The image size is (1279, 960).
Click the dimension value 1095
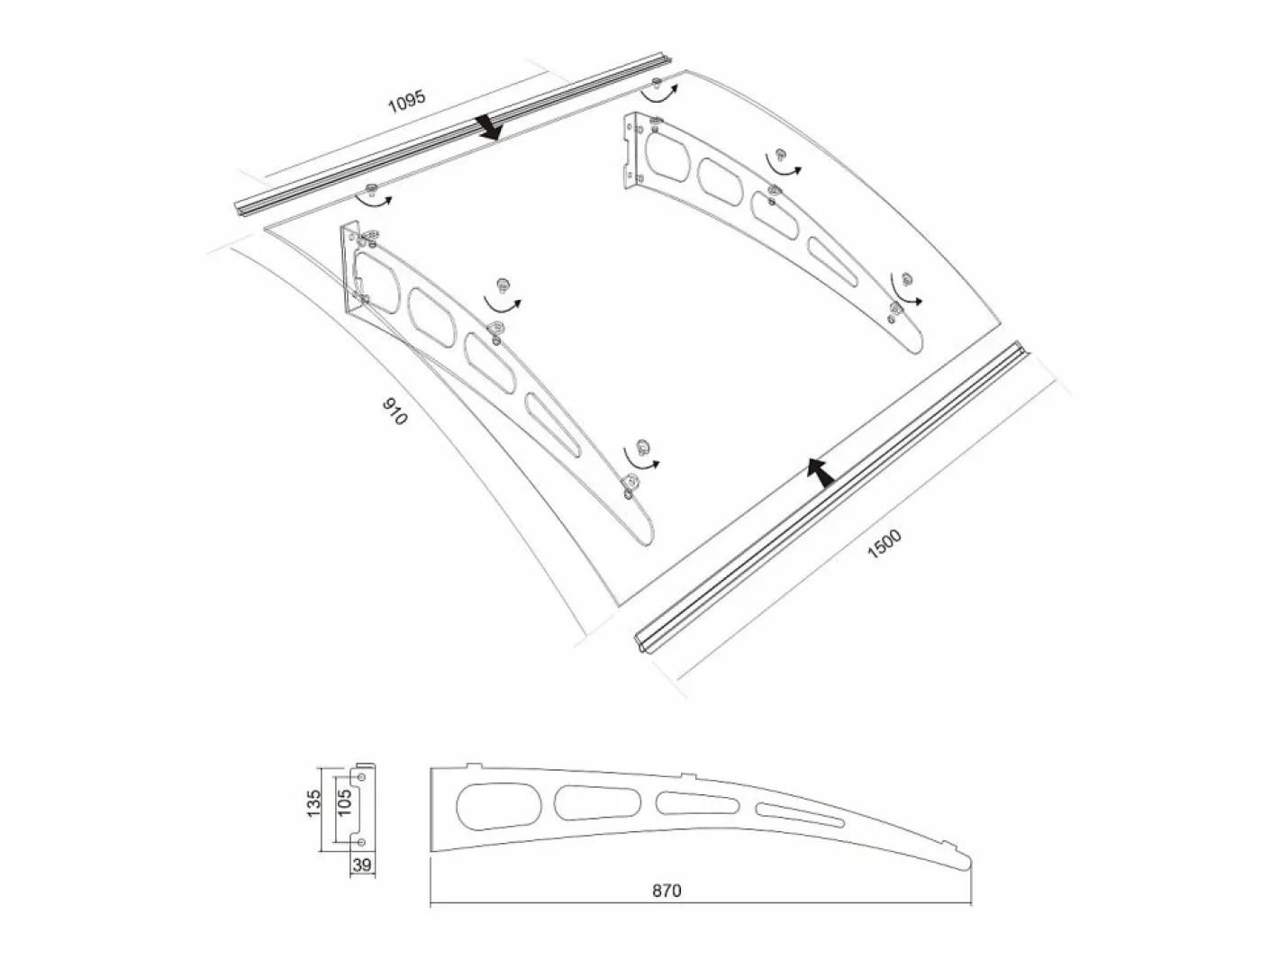click(x=407, y=102)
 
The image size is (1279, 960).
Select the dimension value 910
click(x=395, y=412)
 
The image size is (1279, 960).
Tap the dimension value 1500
click(x=884, y=543)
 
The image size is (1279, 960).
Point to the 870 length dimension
click(x=667, y=891)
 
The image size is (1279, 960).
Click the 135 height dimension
click(x=313, y=802)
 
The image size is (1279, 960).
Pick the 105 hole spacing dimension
click(x=345, y=802)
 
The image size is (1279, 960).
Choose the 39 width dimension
click(x=362, y=865)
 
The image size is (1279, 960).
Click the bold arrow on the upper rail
click(x=488, y=128)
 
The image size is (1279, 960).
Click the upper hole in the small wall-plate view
click(x=361, y=778)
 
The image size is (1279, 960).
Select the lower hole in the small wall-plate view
click(x=361, y=842)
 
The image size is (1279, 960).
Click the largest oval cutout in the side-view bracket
click(x=499, y=807)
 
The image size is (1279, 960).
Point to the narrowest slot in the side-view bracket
click(x=800, y=815)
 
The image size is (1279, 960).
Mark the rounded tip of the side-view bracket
click(x=967, y=862)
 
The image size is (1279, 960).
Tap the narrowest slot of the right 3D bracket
click(x=833, y=262)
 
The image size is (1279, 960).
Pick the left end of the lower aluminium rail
click(x=642, y=645)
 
